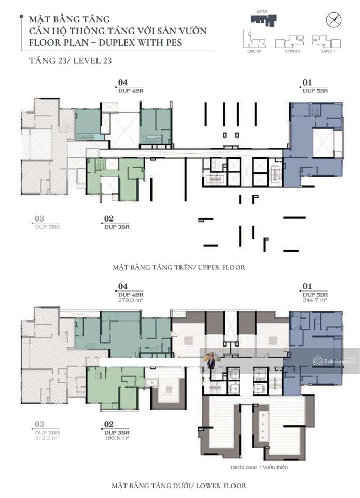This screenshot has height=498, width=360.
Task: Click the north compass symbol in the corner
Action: click(x=333, y=20)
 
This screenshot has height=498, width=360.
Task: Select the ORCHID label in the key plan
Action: click(x=254, y=52)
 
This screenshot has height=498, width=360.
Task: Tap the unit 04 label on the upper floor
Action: click(x=123, y=82)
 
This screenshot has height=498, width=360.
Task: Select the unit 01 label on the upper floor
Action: click(x=308, y=82)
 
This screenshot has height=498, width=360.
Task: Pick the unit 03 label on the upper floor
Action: click(x=39, y=219)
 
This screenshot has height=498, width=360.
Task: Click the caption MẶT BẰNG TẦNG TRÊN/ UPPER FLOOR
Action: click(x=178, y=267)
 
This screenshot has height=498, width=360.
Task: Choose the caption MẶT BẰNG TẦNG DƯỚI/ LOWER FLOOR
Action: click(x=178, y=486)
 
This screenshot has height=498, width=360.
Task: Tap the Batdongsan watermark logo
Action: click(x=335, y=361)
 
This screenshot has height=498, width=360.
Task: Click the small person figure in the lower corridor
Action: click(x=211, y=360)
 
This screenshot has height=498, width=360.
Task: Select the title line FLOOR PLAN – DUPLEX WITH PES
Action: click(x=106, y=42)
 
